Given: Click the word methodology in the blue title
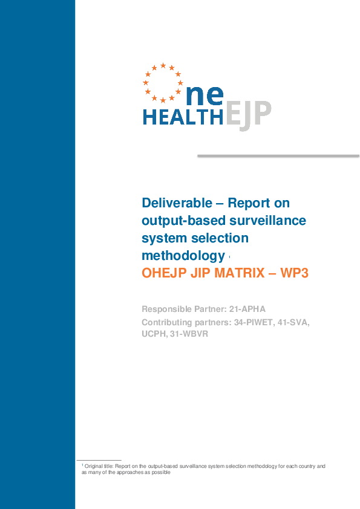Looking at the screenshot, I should tap(183, 255).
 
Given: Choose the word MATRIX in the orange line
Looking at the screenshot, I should tap(235, 273).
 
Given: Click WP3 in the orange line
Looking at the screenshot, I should tap(293, 273).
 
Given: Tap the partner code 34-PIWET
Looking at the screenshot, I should tap(256, 322).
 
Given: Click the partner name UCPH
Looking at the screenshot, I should tap(154, 334).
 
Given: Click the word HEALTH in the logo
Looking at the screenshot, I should tap(183, 117).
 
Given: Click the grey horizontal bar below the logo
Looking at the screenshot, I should tap(278, 156).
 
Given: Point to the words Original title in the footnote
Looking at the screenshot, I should tap(97, 466).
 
